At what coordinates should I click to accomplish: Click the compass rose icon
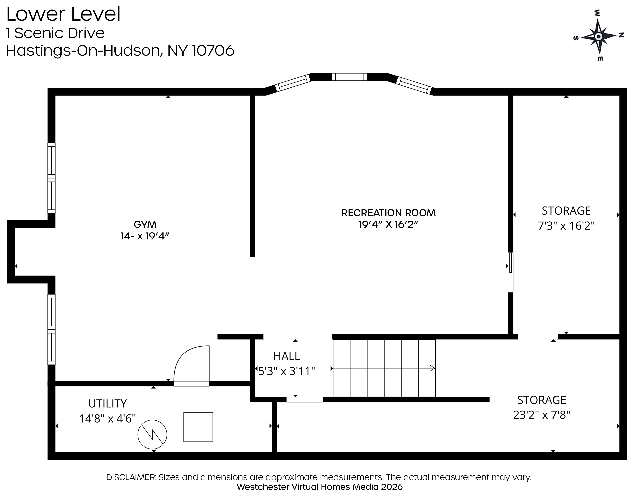pos(598,36)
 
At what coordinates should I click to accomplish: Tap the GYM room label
pos(145,225)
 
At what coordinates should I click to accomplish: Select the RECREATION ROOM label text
pos(388,213)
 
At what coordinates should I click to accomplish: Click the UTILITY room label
pos(107,404)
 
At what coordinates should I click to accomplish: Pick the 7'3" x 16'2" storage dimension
pos(566,226)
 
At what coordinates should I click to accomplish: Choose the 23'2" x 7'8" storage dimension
pos(542,415)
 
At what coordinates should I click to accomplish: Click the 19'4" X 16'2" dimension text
pos(388,225)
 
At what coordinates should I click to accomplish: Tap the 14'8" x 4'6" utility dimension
pos(107,419)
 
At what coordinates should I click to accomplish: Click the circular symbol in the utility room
pos(152,434)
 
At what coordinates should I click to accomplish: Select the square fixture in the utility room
pos(198,427)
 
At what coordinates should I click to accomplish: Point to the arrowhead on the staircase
pos(432,368)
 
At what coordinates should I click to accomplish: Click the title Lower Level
pos(63,14)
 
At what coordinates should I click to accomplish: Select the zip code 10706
pos(213,51)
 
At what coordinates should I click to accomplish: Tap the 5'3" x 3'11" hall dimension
pos(286,371)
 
